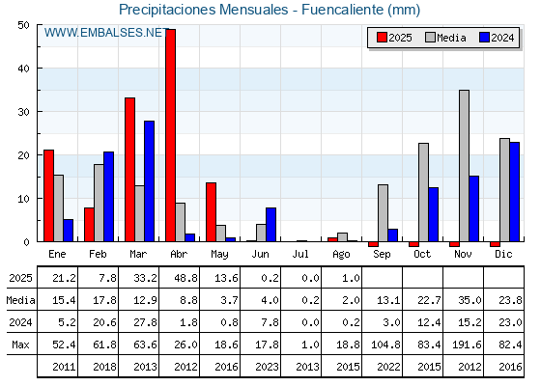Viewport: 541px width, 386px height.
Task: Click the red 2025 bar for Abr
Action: pos(170,135)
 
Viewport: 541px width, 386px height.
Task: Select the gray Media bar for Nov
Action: pos(464,166)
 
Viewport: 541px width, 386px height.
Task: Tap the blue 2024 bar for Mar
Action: pos(150,181)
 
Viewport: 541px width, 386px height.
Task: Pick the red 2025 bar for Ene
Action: pos(48,196)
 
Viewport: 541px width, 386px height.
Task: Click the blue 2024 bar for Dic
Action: pos(514,192)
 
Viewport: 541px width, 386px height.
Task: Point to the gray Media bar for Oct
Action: pos(423,192)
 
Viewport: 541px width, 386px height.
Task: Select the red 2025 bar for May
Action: pos(212,212)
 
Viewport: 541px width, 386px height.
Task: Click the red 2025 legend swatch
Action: pos(382,38)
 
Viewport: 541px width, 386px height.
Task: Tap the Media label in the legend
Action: pos(451,38)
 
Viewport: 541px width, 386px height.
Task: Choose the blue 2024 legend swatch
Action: pos(484,38)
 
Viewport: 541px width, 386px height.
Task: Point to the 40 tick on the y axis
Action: pos(24,69)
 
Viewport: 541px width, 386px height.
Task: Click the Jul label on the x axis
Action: pos(300,255)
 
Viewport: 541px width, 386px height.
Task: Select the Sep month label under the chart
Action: pos(382,255)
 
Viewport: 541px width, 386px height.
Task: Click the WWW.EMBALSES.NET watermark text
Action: pos(106,33)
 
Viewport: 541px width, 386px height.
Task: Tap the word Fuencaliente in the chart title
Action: pos(343,10)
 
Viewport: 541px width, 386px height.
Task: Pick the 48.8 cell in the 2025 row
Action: pos(185,278)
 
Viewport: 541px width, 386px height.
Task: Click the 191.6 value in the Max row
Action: pos(470,345)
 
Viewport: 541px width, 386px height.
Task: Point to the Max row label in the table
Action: pos(20,345)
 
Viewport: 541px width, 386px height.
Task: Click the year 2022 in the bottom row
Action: pos(388,367)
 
